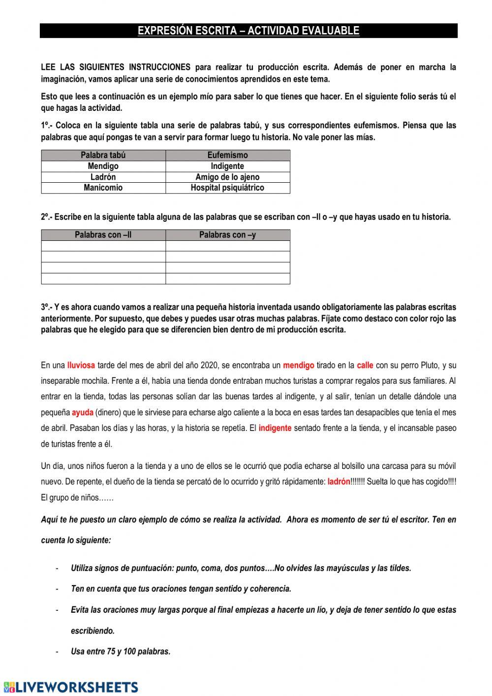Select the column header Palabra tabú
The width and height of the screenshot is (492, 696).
click(x=103, y=155)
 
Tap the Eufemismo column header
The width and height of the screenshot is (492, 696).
click(x=227, y=155)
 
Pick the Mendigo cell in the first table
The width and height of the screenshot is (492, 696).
click(x=103, y=166)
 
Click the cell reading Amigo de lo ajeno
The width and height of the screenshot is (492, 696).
click(x=227, y=177)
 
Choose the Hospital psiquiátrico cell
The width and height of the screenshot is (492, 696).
click(x=227, y=188)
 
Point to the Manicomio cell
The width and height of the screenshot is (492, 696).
click(x=103, y=188)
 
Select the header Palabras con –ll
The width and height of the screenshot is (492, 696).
click(x=103, y=235)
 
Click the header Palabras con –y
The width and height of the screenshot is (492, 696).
click(x=227, y=235)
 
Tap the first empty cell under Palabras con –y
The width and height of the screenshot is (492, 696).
click(x=227, y=246)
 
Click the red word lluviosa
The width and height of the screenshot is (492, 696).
click(x=81, y=365)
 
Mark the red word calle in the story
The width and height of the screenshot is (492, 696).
click(x=365, y=365)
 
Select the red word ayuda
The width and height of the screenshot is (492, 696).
click(x=83, y=412)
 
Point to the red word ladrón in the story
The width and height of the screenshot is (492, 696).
click(x=339, y=482)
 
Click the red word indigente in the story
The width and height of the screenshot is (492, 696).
click(x=275, y=428)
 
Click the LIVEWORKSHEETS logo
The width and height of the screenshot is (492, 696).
click(x=71, y=687)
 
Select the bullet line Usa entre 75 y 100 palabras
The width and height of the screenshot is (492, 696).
click(x=121, y=652)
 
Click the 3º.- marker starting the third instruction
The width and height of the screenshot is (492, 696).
click(x=47, y=307)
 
